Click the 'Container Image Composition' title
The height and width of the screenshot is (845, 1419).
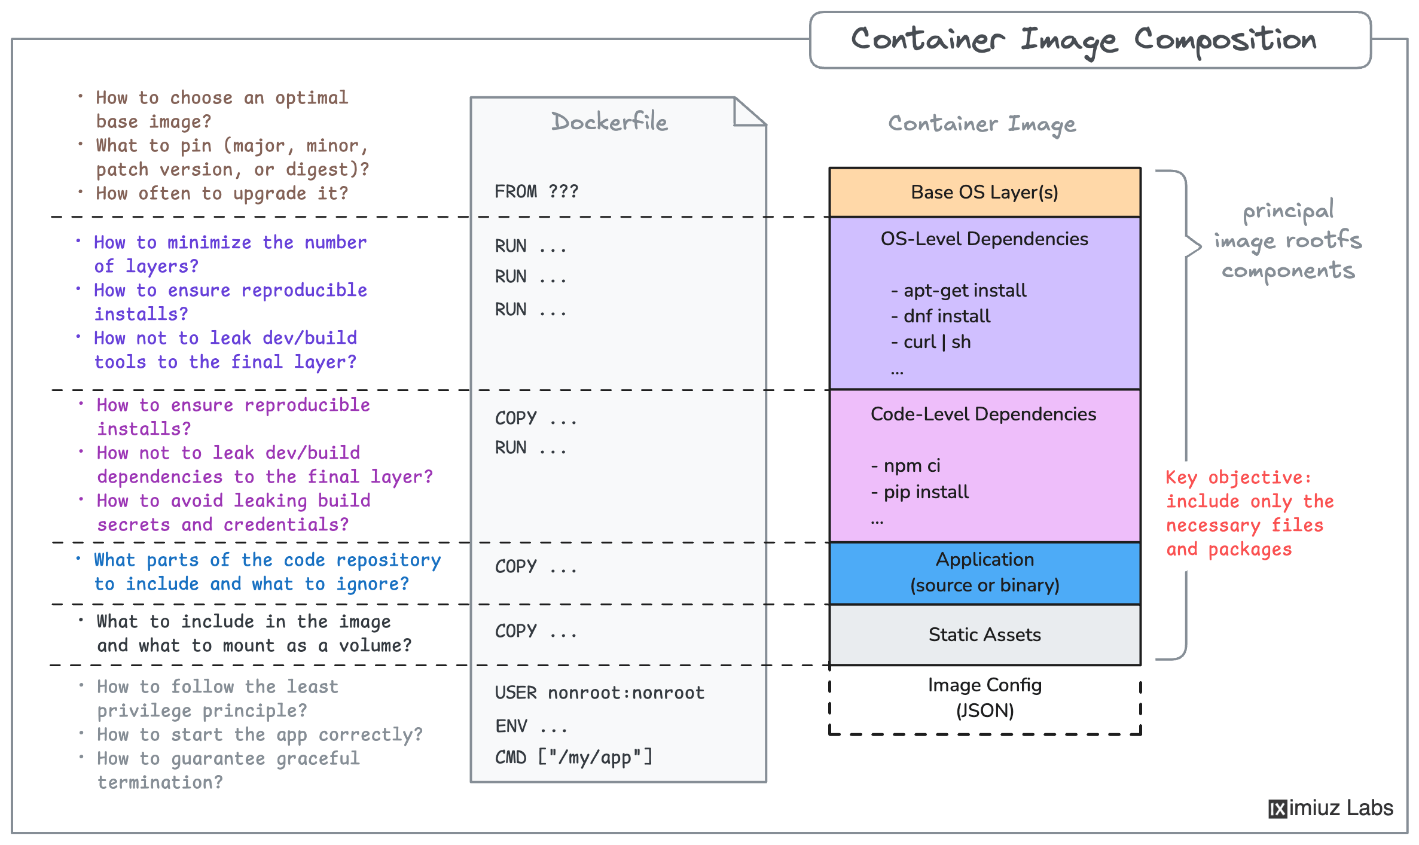[x=1084, y=39]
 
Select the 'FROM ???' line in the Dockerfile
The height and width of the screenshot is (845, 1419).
[x=536, y=191]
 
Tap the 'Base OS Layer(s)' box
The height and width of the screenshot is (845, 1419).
[x=984, y=192]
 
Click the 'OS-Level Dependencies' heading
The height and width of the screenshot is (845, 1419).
[x=984, y=239]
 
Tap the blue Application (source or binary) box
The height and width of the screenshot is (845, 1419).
[x=984, y=572]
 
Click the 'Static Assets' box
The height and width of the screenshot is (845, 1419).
[x=984, y=634]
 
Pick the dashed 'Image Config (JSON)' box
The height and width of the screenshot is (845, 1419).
[x=984, y=698]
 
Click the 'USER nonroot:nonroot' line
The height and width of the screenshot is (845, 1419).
[x=599, y=693]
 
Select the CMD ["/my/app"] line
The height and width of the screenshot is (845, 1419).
[x=573, y=757]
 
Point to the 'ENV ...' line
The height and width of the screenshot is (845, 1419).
[x=530, y=726]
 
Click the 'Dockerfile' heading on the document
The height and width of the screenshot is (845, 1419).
[x=609, y=122]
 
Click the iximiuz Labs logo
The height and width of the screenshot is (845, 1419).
[x=1330, y=808]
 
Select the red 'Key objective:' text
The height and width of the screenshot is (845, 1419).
[x=1238, y=477]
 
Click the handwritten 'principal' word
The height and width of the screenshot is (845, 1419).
[x=1287, y=211]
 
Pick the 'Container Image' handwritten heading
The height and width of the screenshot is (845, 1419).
[x=982, y=124]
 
